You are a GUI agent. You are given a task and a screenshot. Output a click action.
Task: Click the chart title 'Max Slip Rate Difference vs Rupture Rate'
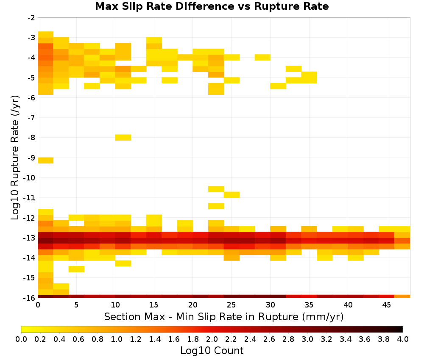point(212,6)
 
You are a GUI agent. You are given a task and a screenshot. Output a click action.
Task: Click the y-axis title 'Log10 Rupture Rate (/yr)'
point(15,158)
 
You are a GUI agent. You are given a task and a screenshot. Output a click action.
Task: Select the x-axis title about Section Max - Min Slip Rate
point(223,316)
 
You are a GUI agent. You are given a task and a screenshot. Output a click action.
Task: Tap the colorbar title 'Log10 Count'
point(212,350)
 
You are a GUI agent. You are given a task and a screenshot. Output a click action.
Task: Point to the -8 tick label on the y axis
point(31,138)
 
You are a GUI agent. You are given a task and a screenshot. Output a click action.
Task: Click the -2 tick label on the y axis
point(31,18)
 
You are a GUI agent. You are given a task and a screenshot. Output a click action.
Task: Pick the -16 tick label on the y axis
point(30,298)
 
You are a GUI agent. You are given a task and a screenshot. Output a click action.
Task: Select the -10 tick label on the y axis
point(30,178)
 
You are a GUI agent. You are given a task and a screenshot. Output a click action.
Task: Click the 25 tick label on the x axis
point(231,305)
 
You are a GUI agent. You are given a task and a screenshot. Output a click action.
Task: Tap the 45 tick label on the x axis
point(386,305)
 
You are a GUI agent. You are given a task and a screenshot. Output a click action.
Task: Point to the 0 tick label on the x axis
point(38,305)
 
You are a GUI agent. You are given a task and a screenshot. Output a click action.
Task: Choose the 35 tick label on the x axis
point(309,305)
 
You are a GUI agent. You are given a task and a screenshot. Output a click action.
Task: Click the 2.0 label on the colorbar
point(212,339)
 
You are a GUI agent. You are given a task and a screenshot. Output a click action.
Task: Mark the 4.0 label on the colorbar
point(403,339)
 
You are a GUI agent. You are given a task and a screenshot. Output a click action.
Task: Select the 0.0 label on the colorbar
point(21,339)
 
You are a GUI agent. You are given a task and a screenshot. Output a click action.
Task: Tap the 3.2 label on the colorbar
point(326,339)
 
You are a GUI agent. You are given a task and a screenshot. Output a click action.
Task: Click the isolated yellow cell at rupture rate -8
point(123,138)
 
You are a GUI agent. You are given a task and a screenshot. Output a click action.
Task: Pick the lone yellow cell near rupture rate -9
point(45,161)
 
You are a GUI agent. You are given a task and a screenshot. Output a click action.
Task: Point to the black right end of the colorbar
point(401,329)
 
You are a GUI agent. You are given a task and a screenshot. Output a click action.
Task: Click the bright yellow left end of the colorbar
point(23,329)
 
